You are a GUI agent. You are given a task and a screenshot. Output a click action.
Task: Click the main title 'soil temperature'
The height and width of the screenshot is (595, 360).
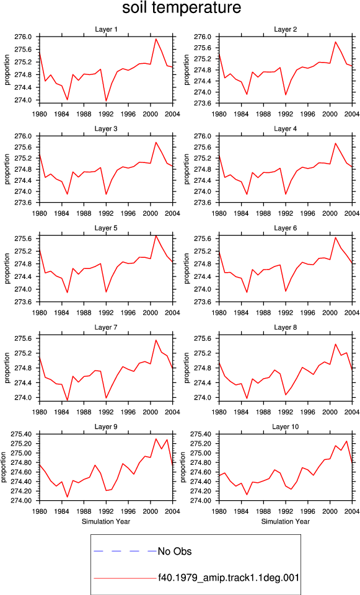(x=182, y=8)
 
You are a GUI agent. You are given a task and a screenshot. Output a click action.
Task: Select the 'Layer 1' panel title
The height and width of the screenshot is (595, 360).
(x=106, y=30)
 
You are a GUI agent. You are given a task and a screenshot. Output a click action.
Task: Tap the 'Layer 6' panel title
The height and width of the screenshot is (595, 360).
(x=285, y=228)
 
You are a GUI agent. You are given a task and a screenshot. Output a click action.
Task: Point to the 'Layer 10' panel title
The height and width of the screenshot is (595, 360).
(x=285, y=427)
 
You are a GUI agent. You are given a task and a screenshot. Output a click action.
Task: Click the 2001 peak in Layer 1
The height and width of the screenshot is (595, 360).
(x=156, y=38)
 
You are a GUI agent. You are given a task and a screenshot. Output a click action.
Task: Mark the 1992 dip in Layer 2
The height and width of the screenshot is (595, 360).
(x=286, y=94)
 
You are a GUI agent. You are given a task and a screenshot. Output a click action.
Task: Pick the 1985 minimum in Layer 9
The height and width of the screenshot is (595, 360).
(x=68, y=496)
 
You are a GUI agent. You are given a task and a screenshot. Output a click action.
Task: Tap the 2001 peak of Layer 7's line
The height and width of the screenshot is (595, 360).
(x=156, y=340)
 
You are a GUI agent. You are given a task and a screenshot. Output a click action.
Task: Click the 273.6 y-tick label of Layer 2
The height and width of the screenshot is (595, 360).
(x=204, y=104)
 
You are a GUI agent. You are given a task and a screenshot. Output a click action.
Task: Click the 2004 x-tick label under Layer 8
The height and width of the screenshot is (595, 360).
(x=353, y=412)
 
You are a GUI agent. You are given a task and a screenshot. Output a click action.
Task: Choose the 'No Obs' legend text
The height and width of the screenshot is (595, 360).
(x=175, y=552)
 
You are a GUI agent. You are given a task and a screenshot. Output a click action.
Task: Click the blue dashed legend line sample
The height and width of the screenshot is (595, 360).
(x=125, y=551)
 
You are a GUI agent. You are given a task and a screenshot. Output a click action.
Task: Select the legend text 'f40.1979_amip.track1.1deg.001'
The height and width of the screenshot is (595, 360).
(x=229, y=578)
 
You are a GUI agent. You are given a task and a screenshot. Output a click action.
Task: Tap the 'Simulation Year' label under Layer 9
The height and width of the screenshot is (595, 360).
(x=106, y=521)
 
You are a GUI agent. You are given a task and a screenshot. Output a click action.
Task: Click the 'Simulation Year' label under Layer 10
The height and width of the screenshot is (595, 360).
(x=285, y=521)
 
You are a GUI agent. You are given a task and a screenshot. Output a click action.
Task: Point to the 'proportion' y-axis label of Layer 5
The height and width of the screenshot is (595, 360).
(x=7, y=268)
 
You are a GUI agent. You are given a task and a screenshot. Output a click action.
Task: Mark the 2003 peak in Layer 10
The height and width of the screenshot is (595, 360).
(x=346, y=441)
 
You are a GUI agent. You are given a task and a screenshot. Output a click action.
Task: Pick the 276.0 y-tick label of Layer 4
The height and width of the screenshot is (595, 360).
(x=204, y=136)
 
